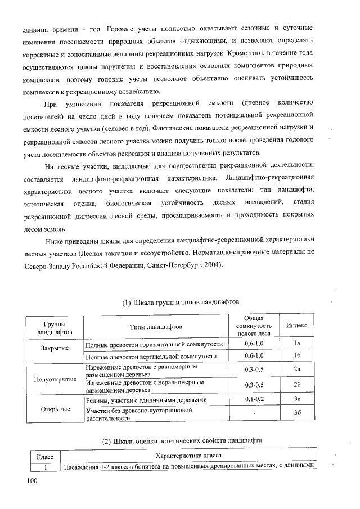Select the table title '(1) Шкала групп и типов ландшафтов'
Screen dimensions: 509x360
point(181,302)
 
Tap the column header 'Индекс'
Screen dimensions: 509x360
point(296,326)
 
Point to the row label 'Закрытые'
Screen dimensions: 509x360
point(55,348)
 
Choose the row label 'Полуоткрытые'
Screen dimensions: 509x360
point(55,379)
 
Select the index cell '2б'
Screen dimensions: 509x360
point(296,385)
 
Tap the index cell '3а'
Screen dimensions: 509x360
point(296,399)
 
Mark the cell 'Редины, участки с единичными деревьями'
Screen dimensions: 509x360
point(146,399)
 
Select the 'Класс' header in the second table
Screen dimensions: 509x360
point(44,457)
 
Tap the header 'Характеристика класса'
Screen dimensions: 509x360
point(188,456)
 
